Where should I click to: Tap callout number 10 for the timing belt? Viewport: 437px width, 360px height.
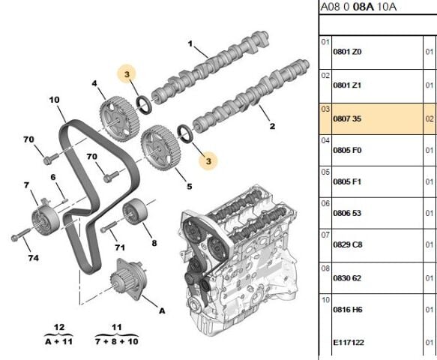click(55, 100)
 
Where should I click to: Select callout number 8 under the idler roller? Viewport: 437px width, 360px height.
click(153, 242)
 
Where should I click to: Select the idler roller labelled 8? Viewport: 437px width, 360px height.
click(135, 213)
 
